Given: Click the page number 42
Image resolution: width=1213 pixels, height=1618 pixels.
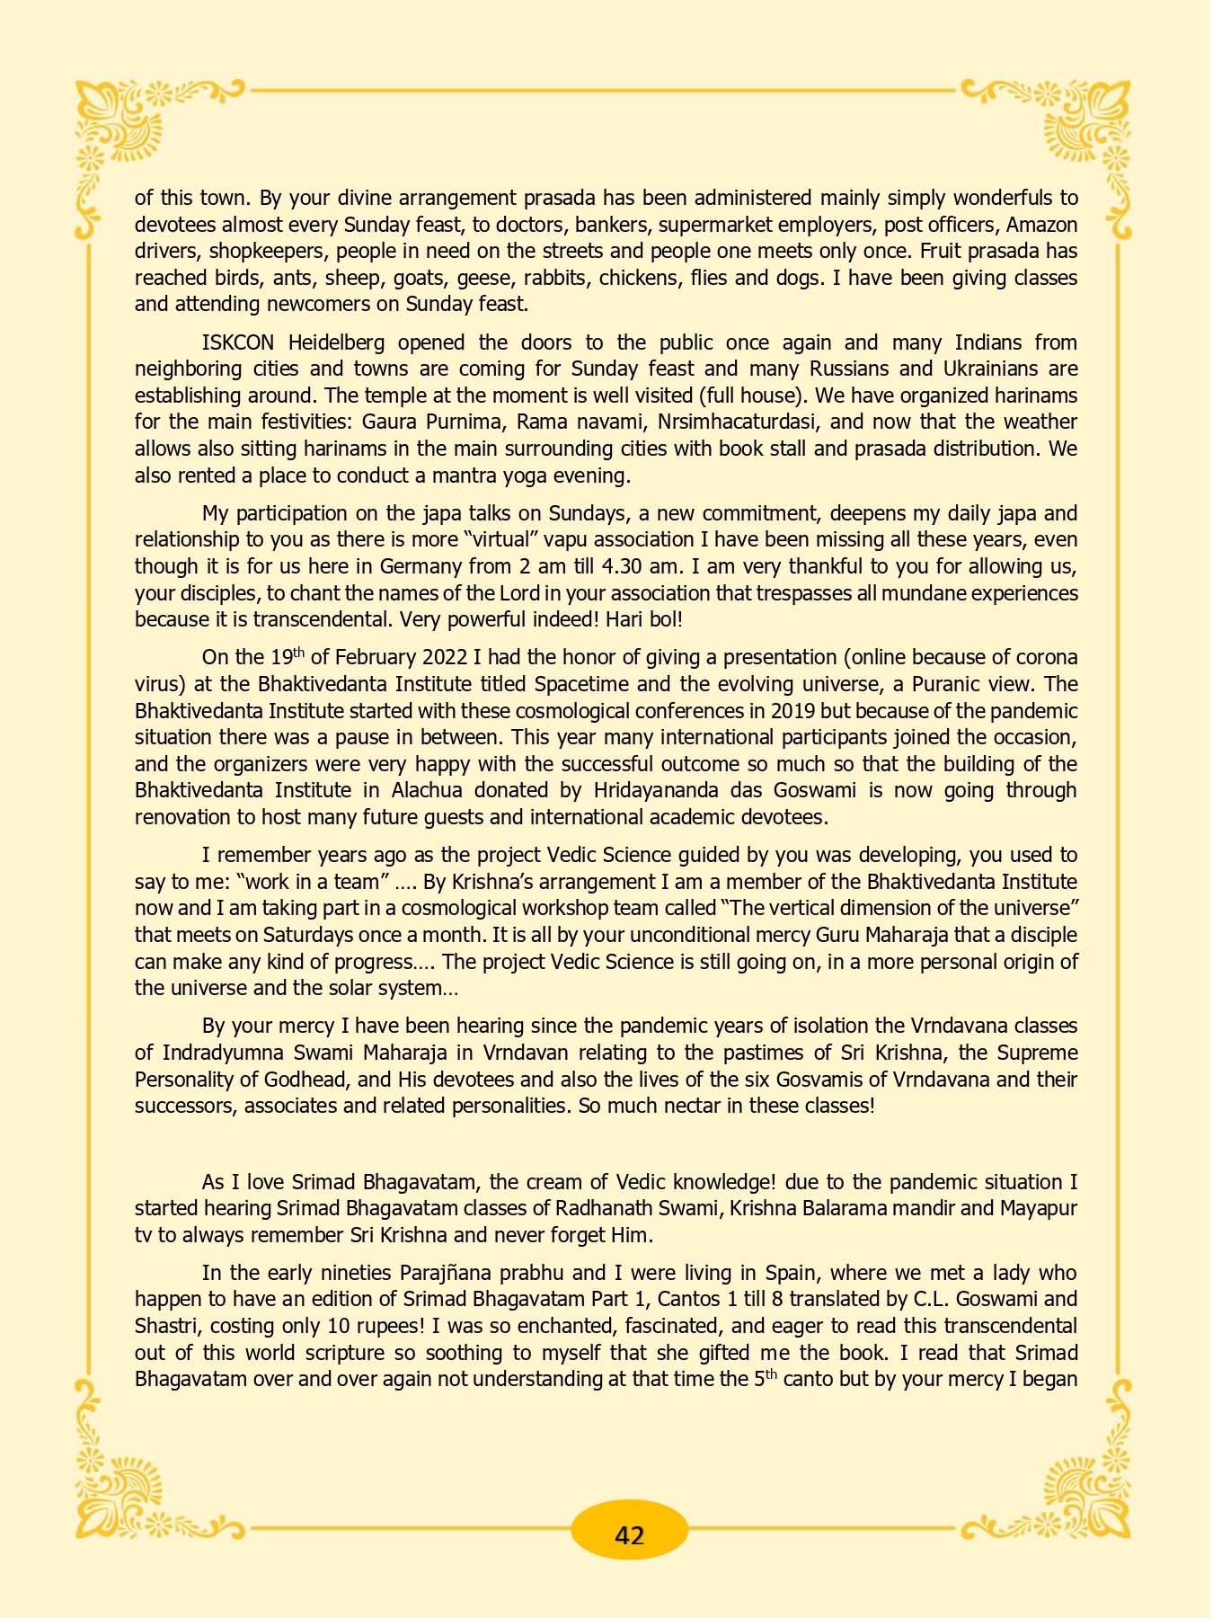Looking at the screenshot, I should (630, 1534).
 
